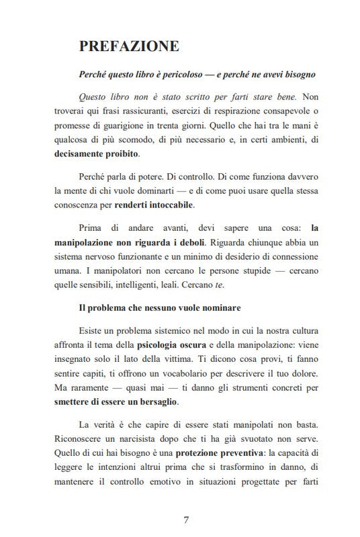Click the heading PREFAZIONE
(129, 46)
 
